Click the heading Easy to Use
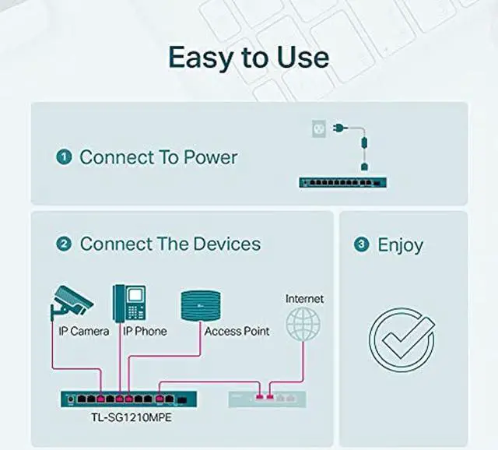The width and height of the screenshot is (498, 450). [248, 57]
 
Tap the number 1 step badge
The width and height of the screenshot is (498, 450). [63, 157]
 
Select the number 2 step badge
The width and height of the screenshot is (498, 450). [63, 244]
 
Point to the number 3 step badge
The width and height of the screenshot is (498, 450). [361, 244]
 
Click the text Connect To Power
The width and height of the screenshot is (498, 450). [159, 157]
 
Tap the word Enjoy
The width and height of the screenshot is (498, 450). [400, 244]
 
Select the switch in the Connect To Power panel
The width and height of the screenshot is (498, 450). [344, 182]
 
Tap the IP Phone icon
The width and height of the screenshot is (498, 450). [129, 302]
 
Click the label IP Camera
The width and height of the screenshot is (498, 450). [84, 331]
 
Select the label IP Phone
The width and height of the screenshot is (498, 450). [144, 331]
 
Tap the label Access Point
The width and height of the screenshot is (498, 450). [237, 331]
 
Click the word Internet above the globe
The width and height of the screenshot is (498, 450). [304, 298]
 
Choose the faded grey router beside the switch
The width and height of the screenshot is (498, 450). [266, 399]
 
